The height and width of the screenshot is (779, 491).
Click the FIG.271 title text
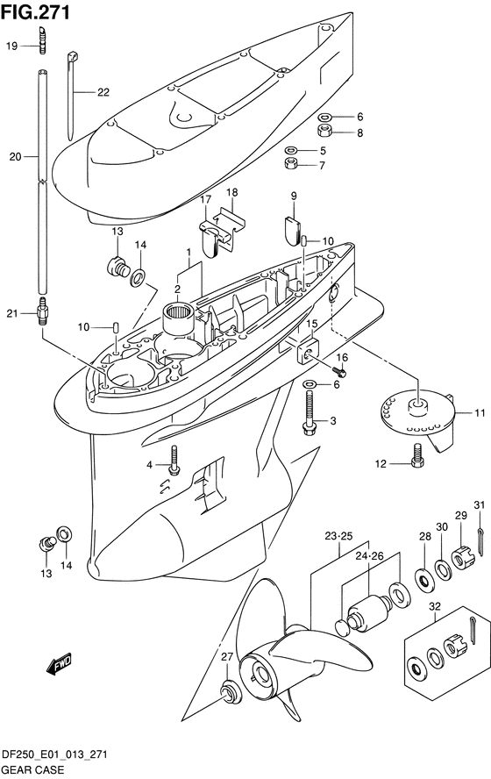pos(35,12)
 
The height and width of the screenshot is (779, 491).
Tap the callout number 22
pos(103,92)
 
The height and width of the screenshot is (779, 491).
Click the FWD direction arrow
pos(60,664)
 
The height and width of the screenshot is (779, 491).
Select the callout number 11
pos(480,412)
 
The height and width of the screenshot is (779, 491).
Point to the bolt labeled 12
pos(417,455)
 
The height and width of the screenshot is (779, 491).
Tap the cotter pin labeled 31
pos(481,542)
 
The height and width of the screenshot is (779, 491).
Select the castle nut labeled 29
pos(463,559)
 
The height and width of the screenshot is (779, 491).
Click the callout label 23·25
pos(338,536)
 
